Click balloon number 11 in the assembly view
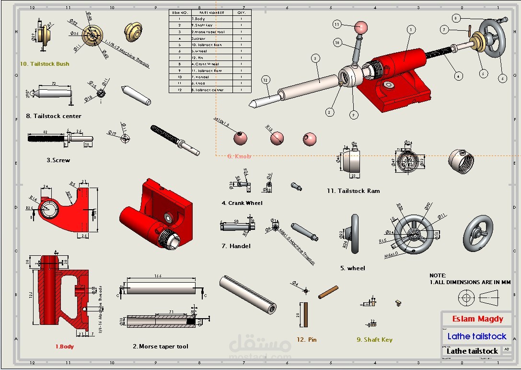pyautogui.click(x=337, y=24)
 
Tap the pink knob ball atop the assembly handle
pyautogui.click(x=361, y=27)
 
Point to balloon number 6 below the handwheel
pyautogui.click(x=502, y=78)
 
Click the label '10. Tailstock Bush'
pyautogui.click(x=45, y=64)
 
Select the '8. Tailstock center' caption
pyautogui.click(x=54, y=116)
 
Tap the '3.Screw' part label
pyautogui.click(x=58, y=160)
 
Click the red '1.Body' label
pyautogui.click(x=65, y=346)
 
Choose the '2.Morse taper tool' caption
pyautogui.click(x=161, y=346)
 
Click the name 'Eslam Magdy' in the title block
pyautogui.click(x=477, y=319)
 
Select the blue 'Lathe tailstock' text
pyautogui.click(x=476, y=336)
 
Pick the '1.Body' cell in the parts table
pyautogui.click(x=198, y=19)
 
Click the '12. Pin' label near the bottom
pyautogui.click(x=306, y=340)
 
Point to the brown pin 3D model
pyautogui.click(x=328, y=292)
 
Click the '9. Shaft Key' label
pyautogui.click(x=374, y=340)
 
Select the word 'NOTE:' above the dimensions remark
pyautogui.click(x=438, y=275)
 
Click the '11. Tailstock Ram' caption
pyautogui.click(x=353, y=191)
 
